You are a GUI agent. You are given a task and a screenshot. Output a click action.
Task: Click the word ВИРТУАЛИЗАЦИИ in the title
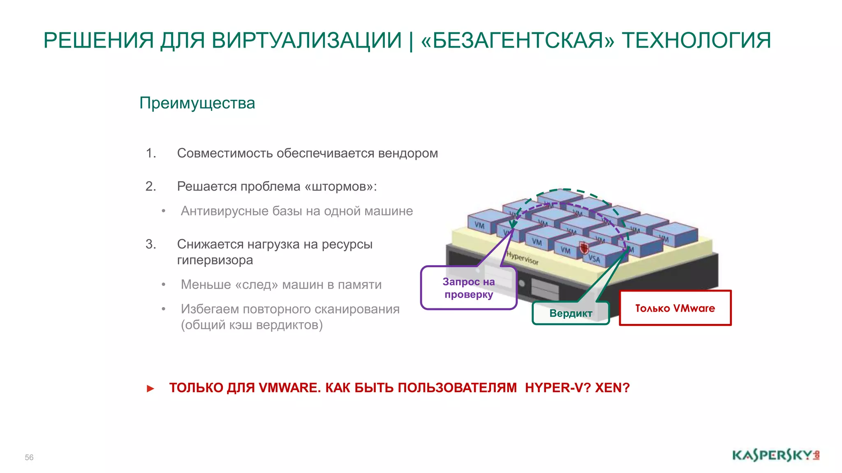306,41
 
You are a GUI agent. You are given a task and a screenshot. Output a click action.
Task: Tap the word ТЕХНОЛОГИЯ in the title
696,41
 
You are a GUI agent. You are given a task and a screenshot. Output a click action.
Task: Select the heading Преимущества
197,103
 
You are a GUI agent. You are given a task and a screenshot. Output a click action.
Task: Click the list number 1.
150,153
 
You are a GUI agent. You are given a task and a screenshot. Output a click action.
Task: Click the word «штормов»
340,186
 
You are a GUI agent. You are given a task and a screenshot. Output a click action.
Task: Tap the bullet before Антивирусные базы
164,211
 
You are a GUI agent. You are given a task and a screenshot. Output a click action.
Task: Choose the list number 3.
150,244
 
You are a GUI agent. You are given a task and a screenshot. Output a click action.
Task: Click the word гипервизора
215,260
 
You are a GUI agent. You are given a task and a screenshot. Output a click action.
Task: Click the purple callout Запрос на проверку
469,288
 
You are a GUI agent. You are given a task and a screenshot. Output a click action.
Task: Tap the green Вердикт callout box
571,313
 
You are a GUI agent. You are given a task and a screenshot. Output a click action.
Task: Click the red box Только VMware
675,308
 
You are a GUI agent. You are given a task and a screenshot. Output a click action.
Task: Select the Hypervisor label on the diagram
522,258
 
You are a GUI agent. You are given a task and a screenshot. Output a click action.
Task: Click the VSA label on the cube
594,258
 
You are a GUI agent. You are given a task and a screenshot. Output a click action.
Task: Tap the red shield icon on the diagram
584,248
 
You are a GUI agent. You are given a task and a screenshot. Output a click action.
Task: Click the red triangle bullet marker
150,388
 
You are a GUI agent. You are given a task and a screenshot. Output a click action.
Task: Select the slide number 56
29,457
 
